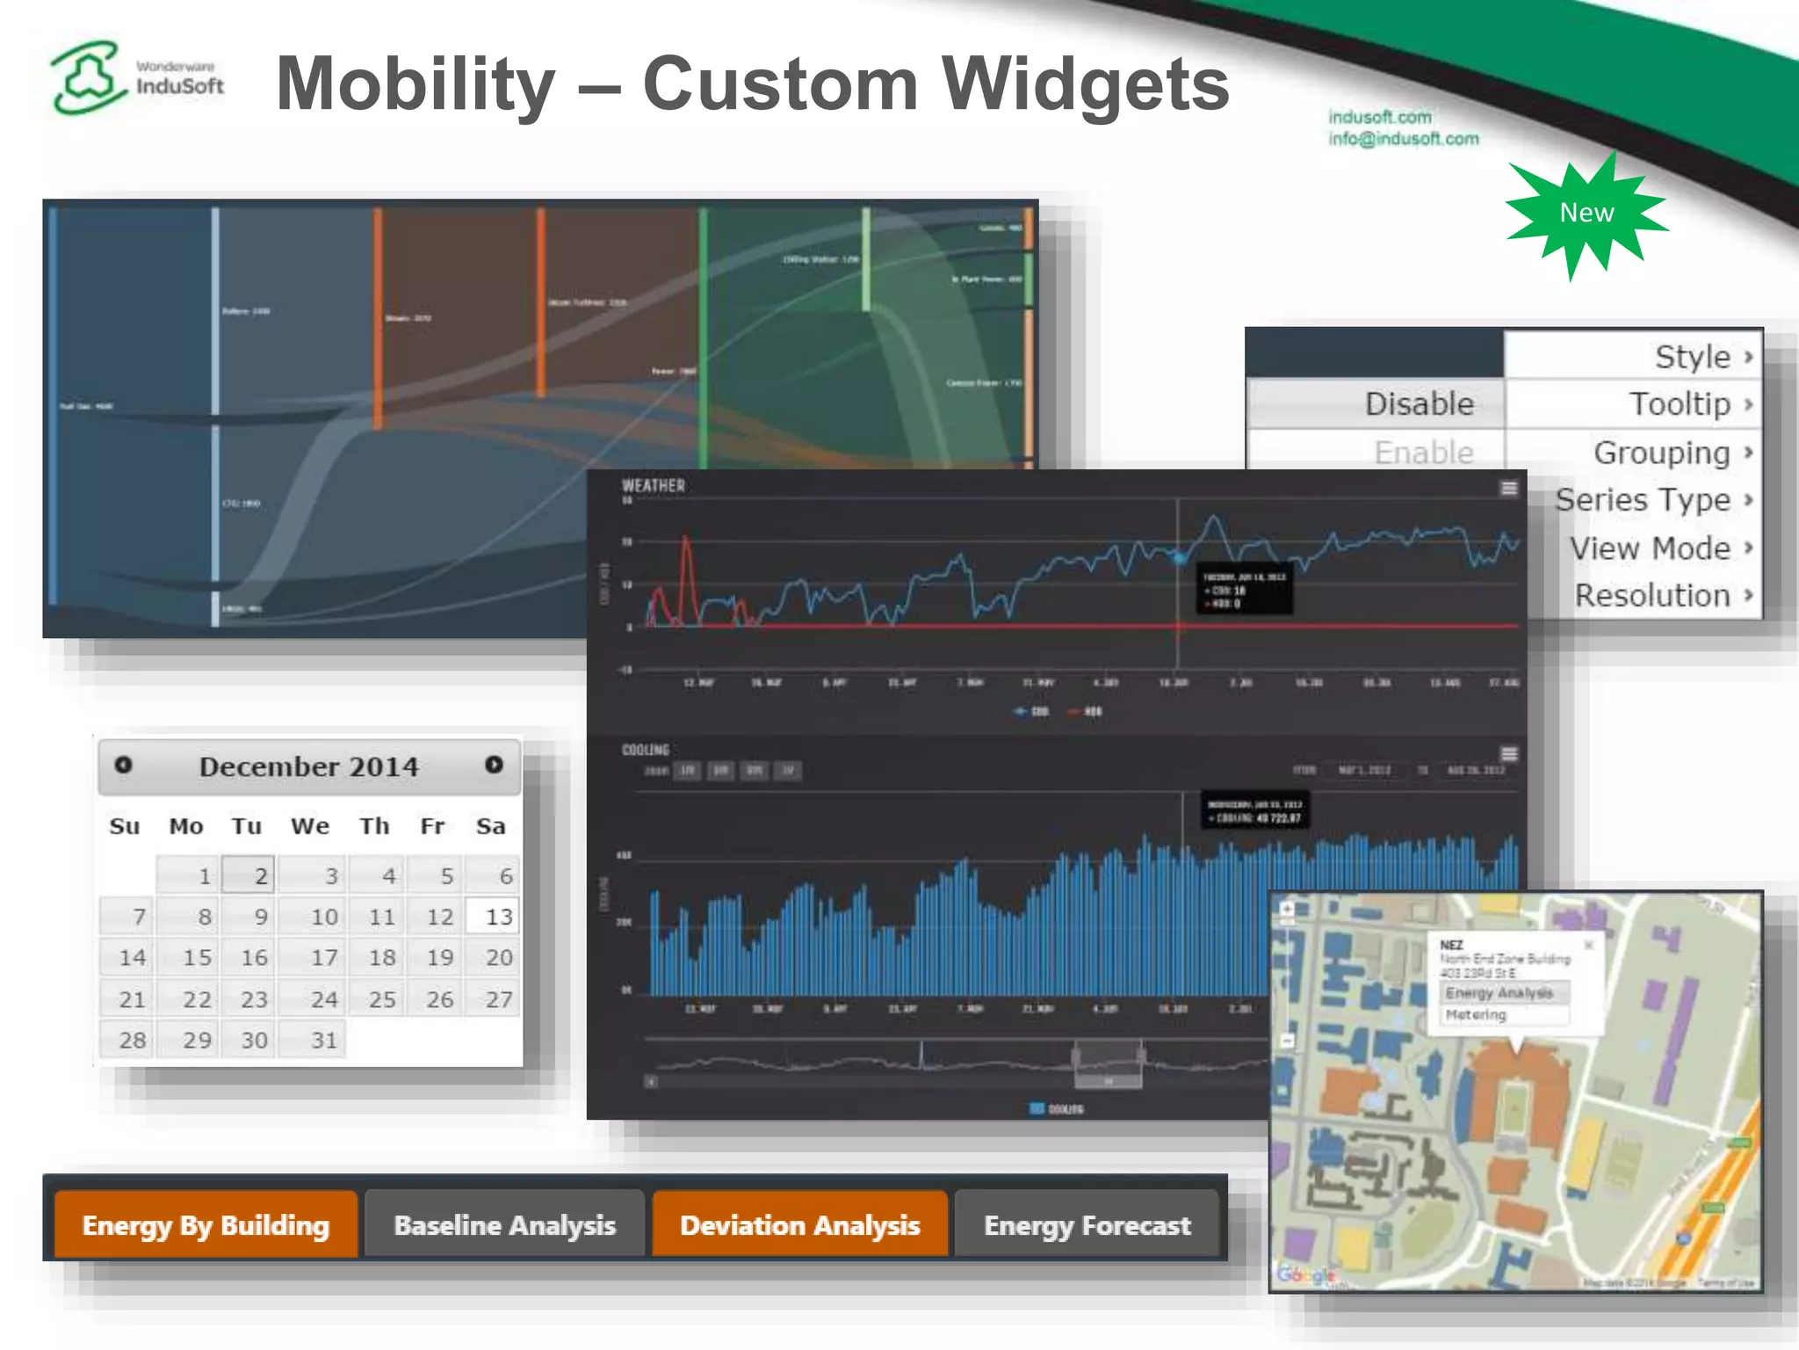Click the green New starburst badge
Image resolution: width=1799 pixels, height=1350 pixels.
pos(1586,214)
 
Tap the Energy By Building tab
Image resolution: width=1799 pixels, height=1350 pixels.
pos(206,1225)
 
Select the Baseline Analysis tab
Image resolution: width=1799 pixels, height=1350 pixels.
pos(504,1225)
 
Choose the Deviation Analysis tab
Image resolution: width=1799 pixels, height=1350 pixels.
pos(799,1225)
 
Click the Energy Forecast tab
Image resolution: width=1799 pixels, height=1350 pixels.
pos(1087,1225)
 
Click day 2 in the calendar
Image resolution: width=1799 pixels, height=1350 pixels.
pos(249,875)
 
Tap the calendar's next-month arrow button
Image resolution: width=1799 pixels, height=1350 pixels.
pos(495,765)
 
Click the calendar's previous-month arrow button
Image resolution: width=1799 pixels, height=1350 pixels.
pos(124,765)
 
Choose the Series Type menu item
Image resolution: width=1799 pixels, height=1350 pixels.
pos(1643,500)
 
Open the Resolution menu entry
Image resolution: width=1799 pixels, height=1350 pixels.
pos(1651,596)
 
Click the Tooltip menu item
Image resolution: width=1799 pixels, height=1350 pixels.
pos(1679,404)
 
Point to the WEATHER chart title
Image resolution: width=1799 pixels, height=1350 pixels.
pos(653,486)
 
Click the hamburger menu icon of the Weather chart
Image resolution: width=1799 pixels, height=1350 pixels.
pos(1509,488)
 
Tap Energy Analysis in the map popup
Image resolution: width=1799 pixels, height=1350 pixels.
pos(1499,993)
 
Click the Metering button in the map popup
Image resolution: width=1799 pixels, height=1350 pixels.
pos(1477,1015)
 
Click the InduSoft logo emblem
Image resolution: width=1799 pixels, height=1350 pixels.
pos(85,77)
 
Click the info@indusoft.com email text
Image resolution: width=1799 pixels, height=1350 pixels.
pos(1403,139)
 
